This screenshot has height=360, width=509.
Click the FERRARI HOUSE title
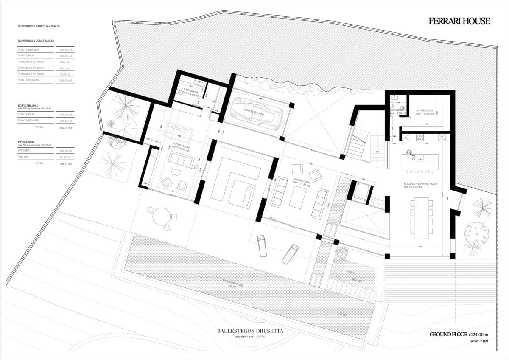click(x=459, y=21)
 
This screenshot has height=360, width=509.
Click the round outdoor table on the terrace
click(x=161, y=217)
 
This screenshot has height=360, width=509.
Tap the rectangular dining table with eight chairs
click(x=421, y=216)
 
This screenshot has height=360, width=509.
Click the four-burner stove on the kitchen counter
click(x=420, y=137)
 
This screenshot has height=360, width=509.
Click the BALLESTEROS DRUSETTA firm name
click(x=250, y=331)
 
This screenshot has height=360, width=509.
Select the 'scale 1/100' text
click(x=480, y=341)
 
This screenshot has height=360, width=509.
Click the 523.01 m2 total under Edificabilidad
click(x=64, y=127)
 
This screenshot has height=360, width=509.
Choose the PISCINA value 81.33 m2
click(x=64, y=157)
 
